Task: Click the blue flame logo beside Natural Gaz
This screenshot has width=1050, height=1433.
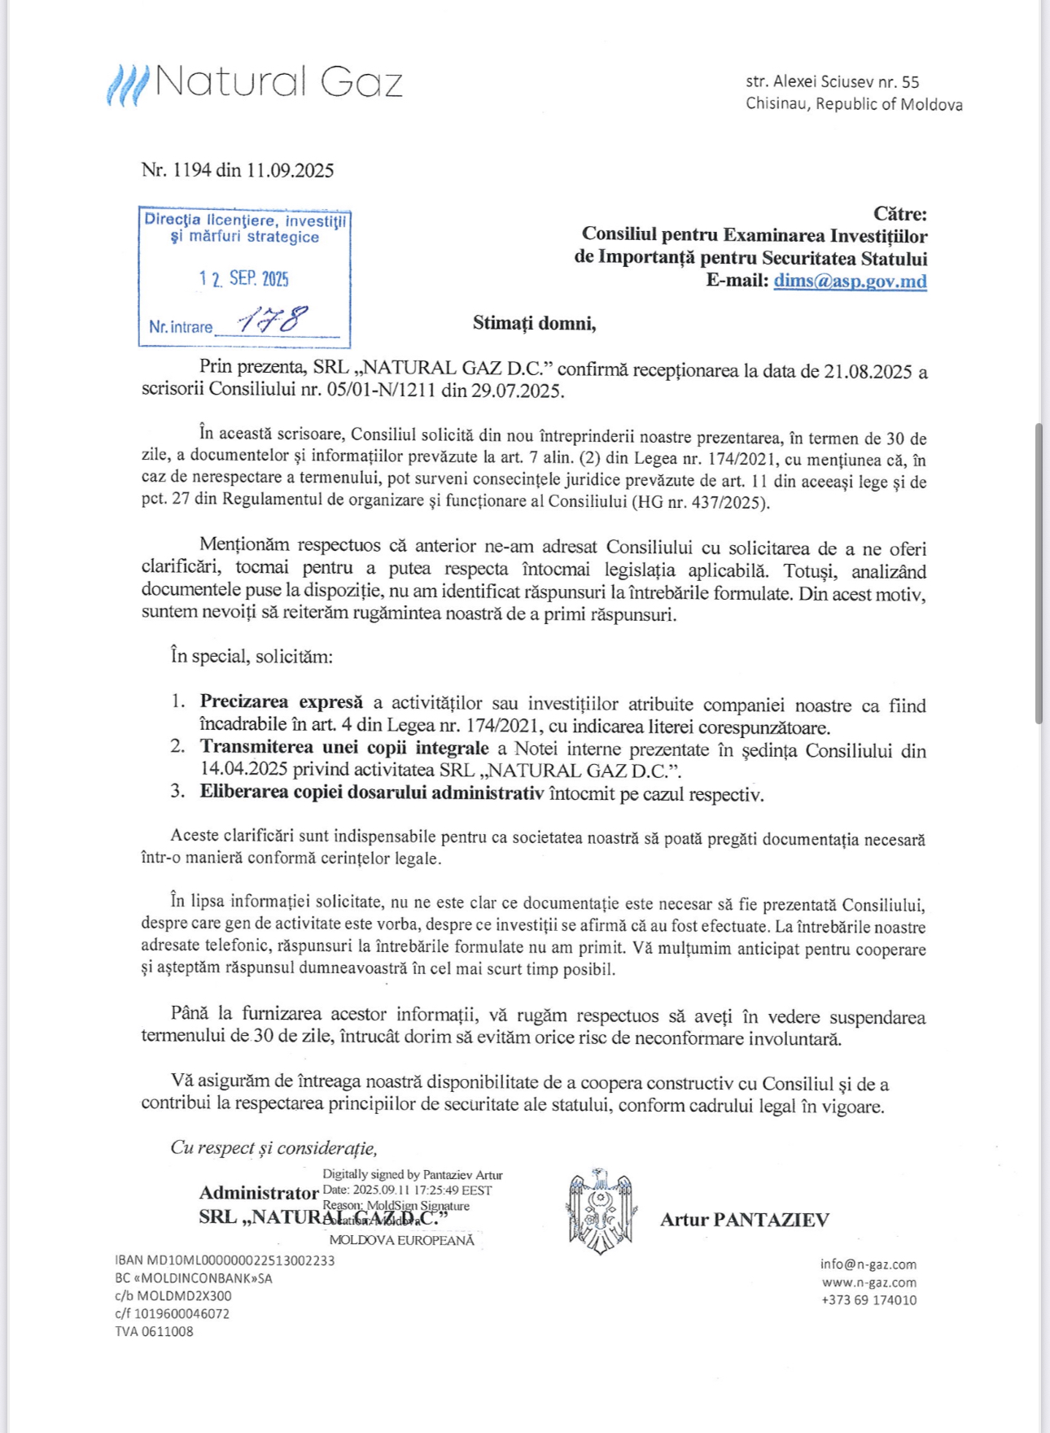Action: (127, 85)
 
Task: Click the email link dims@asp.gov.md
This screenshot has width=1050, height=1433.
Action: (850, 281)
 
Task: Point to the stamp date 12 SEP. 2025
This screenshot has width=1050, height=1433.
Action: (244, 279)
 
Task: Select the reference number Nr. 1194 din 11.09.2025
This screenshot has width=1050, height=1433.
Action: (238, 170)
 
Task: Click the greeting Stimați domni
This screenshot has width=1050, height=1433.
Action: (534, 323)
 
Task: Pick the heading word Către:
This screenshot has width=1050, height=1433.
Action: (899, 214)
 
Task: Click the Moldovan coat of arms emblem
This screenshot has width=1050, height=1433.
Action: (602, 1211)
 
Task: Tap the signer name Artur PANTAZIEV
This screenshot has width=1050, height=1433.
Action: (744, 1220)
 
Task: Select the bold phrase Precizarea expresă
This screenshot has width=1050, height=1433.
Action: (282, 702)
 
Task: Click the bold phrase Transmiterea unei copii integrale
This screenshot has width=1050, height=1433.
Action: (344, 748)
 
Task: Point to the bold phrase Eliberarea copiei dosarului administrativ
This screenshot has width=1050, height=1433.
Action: (371, 793)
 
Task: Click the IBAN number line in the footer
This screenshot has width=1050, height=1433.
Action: (225, 1260)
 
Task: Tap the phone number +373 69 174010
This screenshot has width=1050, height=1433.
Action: (868, 1300)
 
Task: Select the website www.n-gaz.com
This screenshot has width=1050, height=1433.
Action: (868, 1282)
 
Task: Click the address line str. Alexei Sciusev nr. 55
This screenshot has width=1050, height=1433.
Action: (832, 82)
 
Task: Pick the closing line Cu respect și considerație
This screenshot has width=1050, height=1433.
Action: (273, 1148)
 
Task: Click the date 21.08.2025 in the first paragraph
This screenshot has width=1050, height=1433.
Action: (867, 372)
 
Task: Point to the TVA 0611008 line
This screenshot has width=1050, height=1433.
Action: (154, 1332)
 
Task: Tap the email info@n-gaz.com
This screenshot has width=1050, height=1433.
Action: (868, 1265)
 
